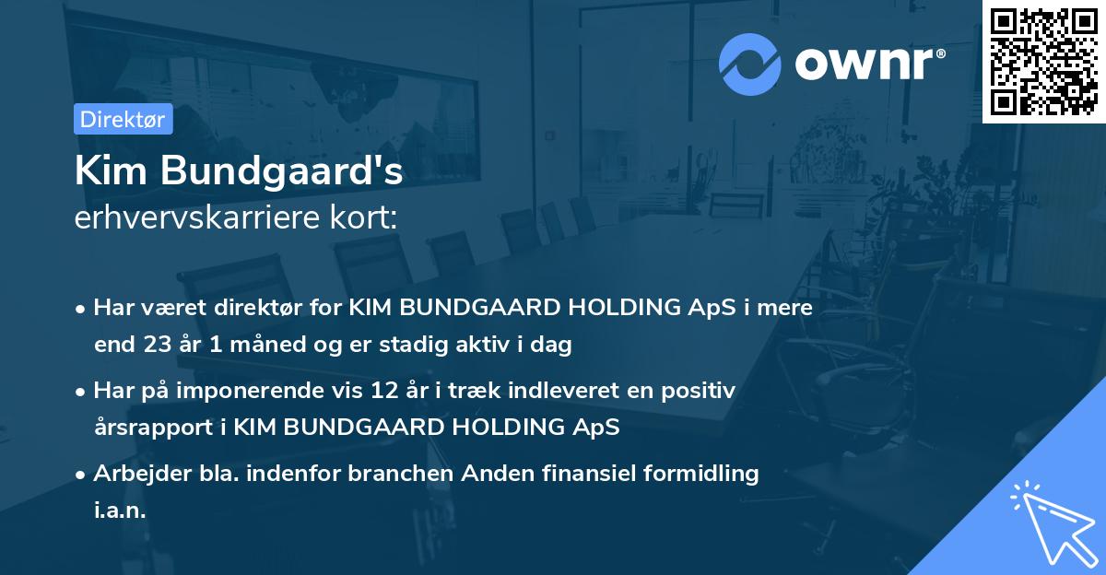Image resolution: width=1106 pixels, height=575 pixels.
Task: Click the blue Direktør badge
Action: pos(123,120)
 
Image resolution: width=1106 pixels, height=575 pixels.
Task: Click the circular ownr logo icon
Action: pos(750,64)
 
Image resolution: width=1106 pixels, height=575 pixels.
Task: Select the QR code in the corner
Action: pos(1043,61)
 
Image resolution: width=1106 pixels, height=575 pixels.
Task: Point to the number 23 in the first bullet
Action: pos(158,346)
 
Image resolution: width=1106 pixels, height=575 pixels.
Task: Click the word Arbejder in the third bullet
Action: pos(134,474)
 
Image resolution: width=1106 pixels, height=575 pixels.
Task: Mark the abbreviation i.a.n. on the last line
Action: pos(120,510)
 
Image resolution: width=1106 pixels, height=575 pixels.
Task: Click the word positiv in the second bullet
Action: pos(700,391)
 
